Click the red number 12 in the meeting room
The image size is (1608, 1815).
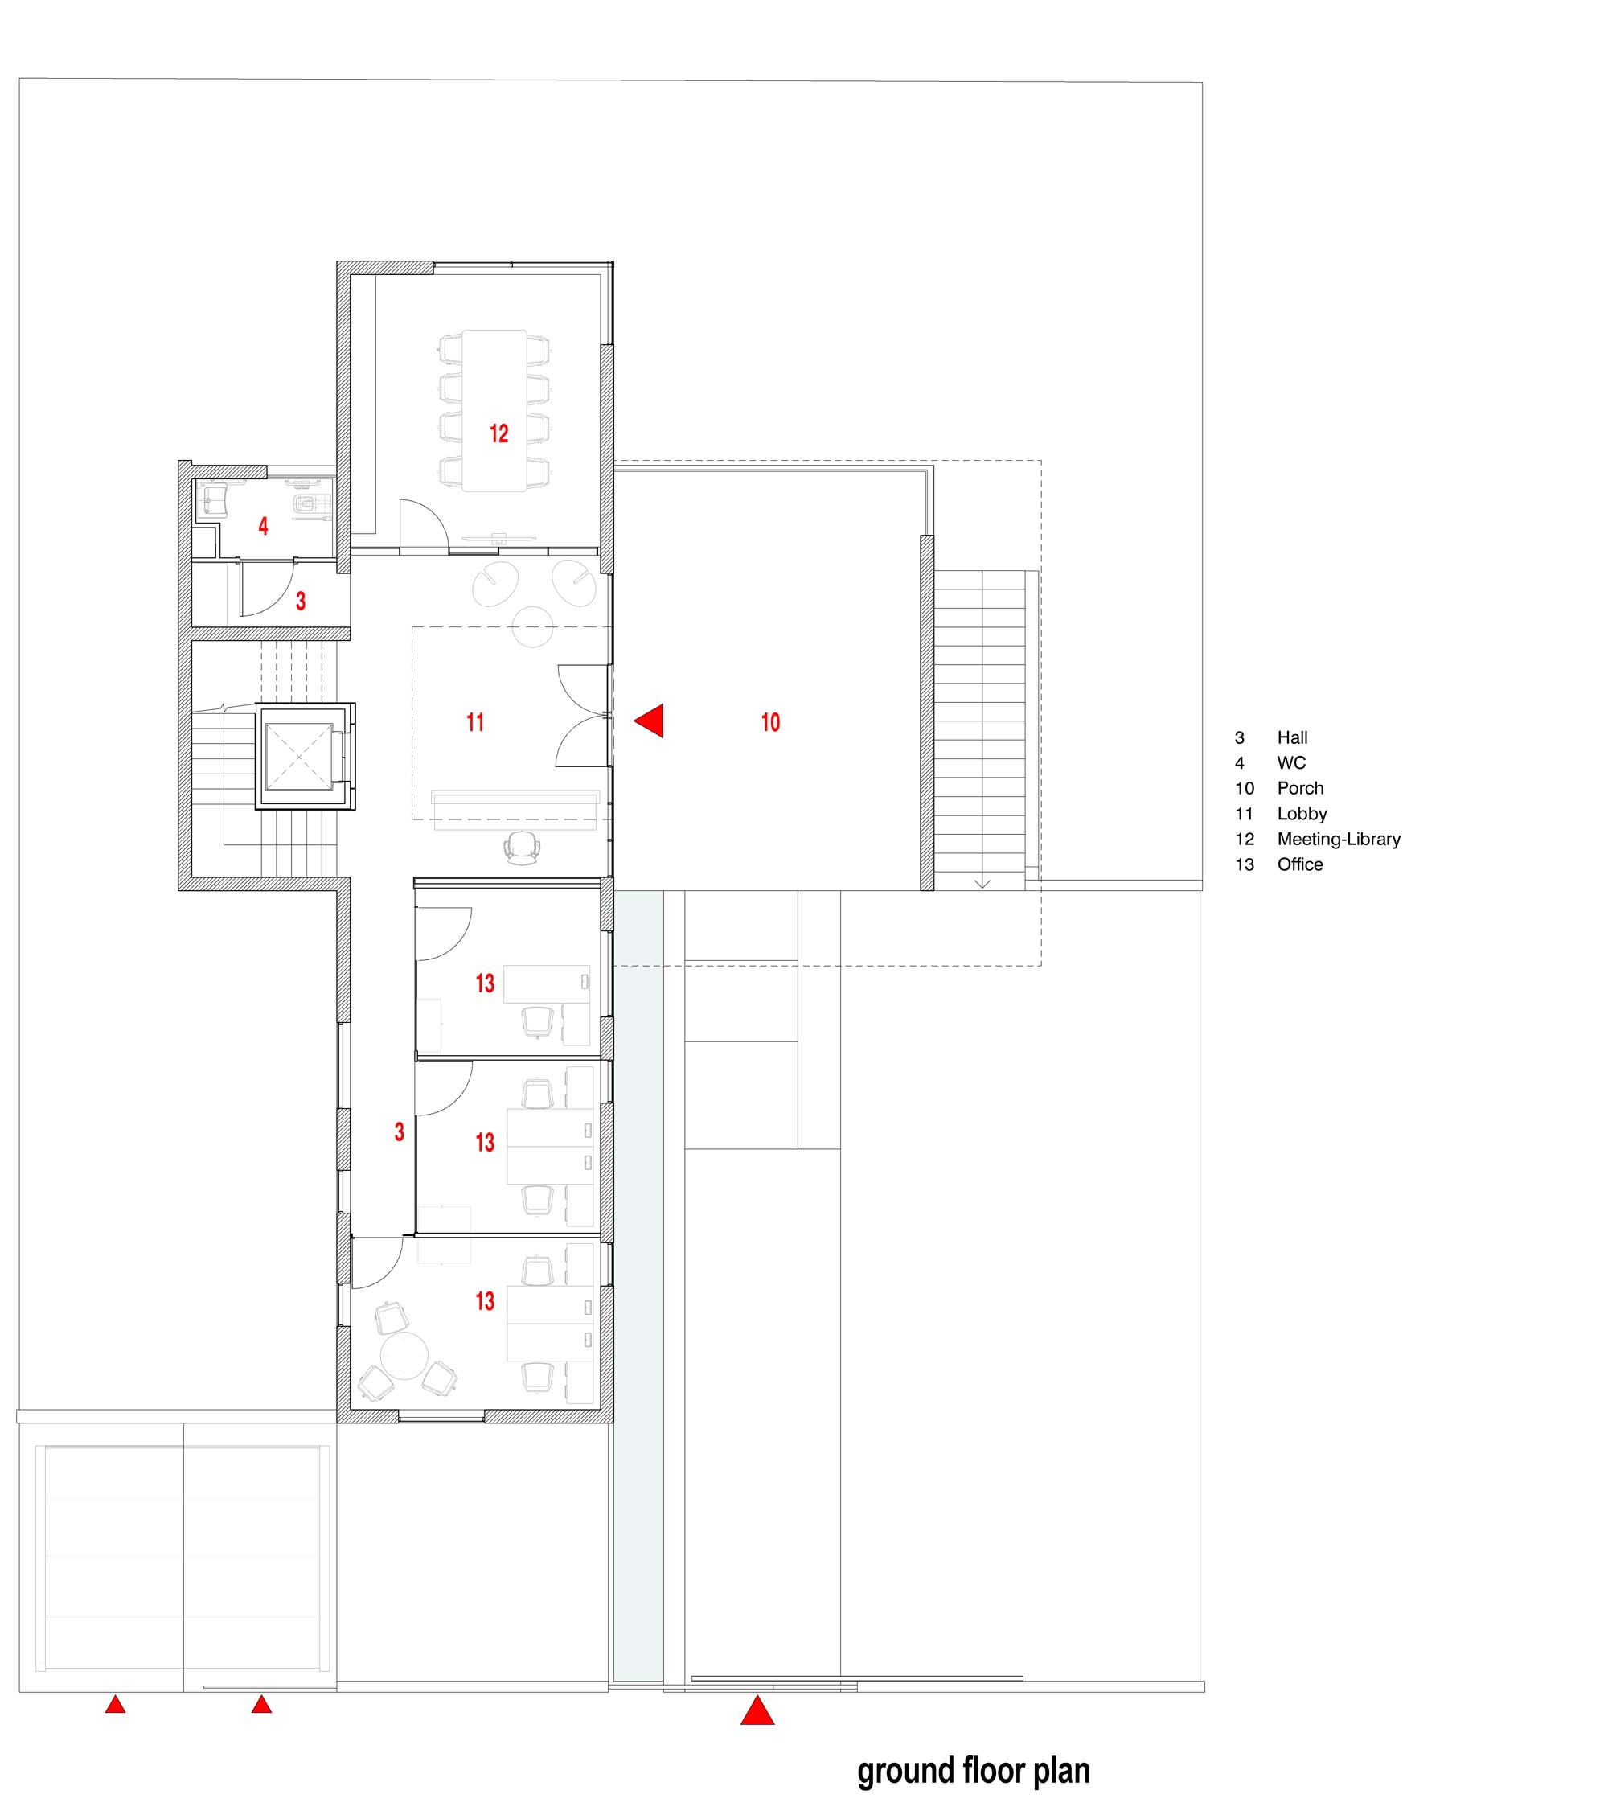(499, 433)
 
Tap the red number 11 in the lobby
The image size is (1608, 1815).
(475, 722)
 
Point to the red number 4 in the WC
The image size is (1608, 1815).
(263, 526)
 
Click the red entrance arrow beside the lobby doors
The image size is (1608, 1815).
(648, 721)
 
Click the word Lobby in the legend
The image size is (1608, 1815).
(1302, 813)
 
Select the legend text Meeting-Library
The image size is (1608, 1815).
(1339, 839)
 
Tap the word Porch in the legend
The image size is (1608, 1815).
(1300, 787)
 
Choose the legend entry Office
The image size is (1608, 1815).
(1300, 864)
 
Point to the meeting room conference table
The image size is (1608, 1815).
(494, 410)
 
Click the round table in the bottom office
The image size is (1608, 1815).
(405, 1354)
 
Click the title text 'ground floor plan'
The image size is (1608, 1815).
(973, 1771)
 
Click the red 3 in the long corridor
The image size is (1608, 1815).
(400, 1131)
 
